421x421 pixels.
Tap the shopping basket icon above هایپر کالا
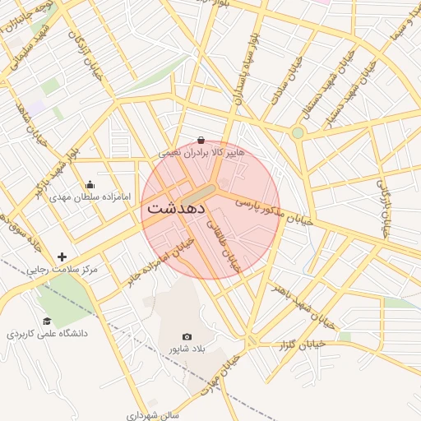[x=201, y=141]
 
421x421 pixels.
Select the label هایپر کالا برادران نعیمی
[x=201, y=153]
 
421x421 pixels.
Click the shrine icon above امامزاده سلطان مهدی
[x=90, y=185]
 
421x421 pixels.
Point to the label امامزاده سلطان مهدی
[x=90, y=197]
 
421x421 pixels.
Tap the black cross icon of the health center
[x=62, y=257]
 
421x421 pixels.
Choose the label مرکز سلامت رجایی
[x=62, y=269]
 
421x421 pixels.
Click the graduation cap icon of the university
[x=47, y=322]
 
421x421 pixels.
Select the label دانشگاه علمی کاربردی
[x=47, y=334]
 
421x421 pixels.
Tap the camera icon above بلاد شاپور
[x=187, y=337]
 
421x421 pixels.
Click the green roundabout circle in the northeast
[x=298, y=132]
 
